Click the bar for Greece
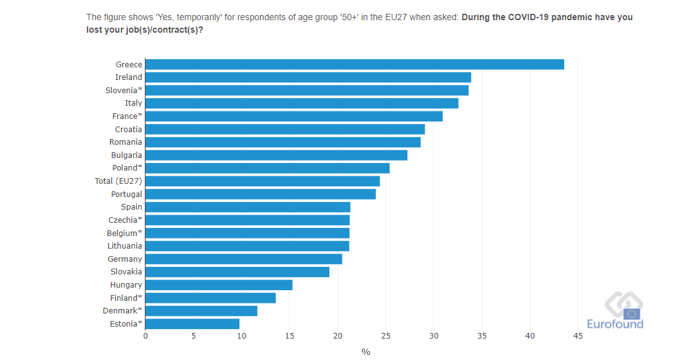pyautogui.click(x=355, y=64)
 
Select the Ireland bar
pyautogui.click(x=308, y=77)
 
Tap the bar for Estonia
pyautogui.click(x=192, y=324)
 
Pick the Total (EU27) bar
pyautogui.click(x=262, y=181)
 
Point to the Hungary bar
pyautogui.click(x=219, y=285)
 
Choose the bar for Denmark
pyautogui.click(x=201, y=311)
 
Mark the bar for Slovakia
pyautogui.click(x=237, y=272)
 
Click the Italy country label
pyautogui.click(x=134, y=103)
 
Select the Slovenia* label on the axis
pyautogui.click(x=123, y=90)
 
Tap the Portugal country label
pyautogui.click(x=127, y=194)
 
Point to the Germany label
pyautogui.click(x=125, y=259)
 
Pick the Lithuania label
pyautogui.click(x=125, y=246)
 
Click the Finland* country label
pyautogui.click(x=126, y=298)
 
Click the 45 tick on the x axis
pyautogui.click(x=578, y=336)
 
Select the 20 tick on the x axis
pyautogui.click(x=338, y=336)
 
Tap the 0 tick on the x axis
pyautogui.click(x=145, y=336)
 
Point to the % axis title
pyautogui.click(x=366, y=352)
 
